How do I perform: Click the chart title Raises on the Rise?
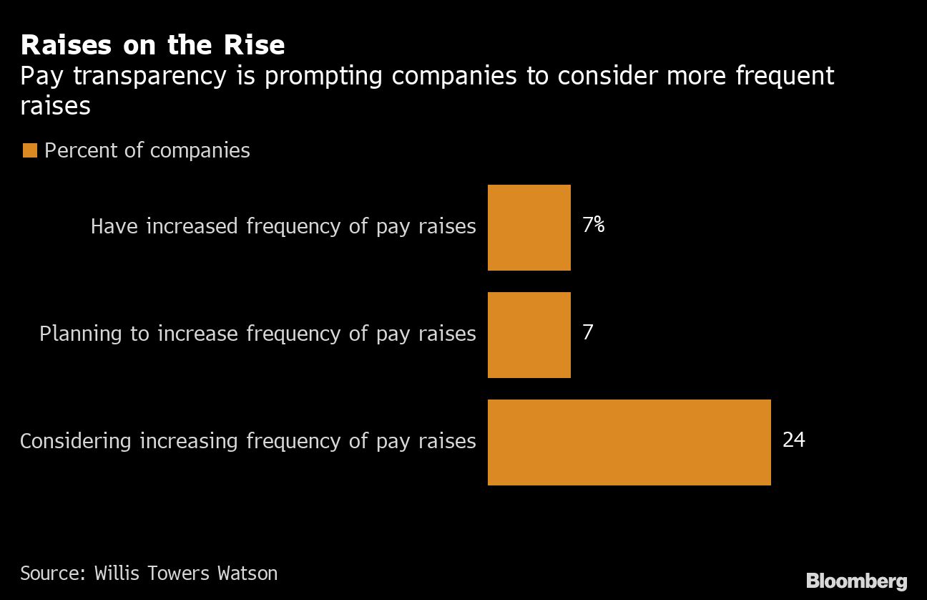pos(152,45)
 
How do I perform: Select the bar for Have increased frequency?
pos(529,228)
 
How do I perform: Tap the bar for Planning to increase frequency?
pos(529,335)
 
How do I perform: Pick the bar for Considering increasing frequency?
pos(629,442)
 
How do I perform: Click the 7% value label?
pos(593,225)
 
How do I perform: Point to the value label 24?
pos(794,439)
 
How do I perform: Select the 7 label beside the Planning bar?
pos(588,332)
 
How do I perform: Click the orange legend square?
pos(29,150)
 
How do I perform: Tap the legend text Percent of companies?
pos(147,150)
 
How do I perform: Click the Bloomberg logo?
pos(856,581)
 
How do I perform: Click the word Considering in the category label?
pos(76,441)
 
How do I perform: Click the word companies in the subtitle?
pos(453,76)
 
